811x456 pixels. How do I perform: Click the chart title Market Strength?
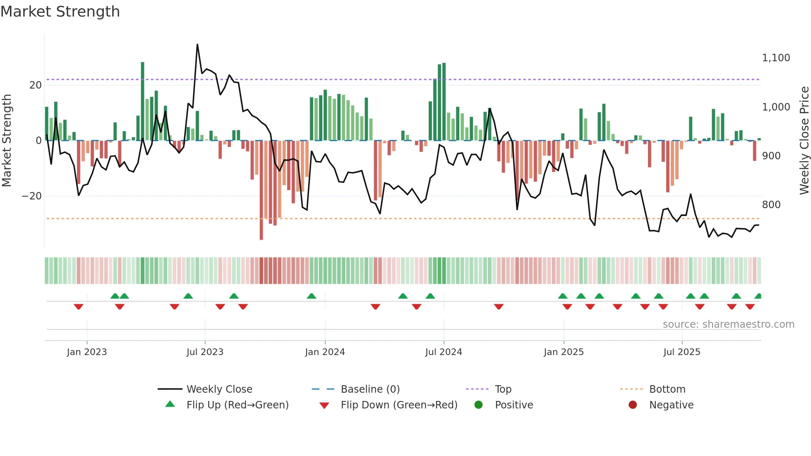(60, 12)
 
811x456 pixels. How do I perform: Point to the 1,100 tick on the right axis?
(776, 58)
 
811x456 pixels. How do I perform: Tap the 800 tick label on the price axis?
(771, 205)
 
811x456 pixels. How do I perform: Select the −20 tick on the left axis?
(32, 196)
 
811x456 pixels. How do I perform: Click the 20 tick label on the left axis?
(36, 85)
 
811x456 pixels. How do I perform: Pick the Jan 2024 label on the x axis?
(325, 352)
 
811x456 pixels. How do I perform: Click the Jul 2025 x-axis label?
(681, 352)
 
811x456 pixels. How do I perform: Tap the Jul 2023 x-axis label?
(205, 352)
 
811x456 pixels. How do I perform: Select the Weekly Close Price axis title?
(804, 140)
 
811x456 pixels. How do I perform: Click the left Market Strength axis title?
(7, 140)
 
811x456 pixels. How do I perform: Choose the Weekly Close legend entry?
(219, 389)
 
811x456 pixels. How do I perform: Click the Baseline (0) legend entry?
(370, 389)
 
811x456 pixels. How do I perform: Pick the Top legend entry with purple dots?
(503, 389)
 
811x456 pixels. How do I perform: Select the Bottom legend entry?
(667, 389)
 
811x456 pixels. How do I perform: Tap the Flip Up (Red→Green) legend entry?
(237, 405)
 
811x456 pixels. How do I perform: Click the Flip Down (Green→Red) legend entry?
(399, 405)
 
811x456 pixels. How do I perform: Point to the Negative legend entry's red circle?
(633, 405)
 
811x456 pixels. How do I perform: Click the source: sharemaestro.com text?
(728, 324)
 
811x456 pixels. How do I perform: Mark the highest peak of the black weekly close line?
(197, 45)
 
